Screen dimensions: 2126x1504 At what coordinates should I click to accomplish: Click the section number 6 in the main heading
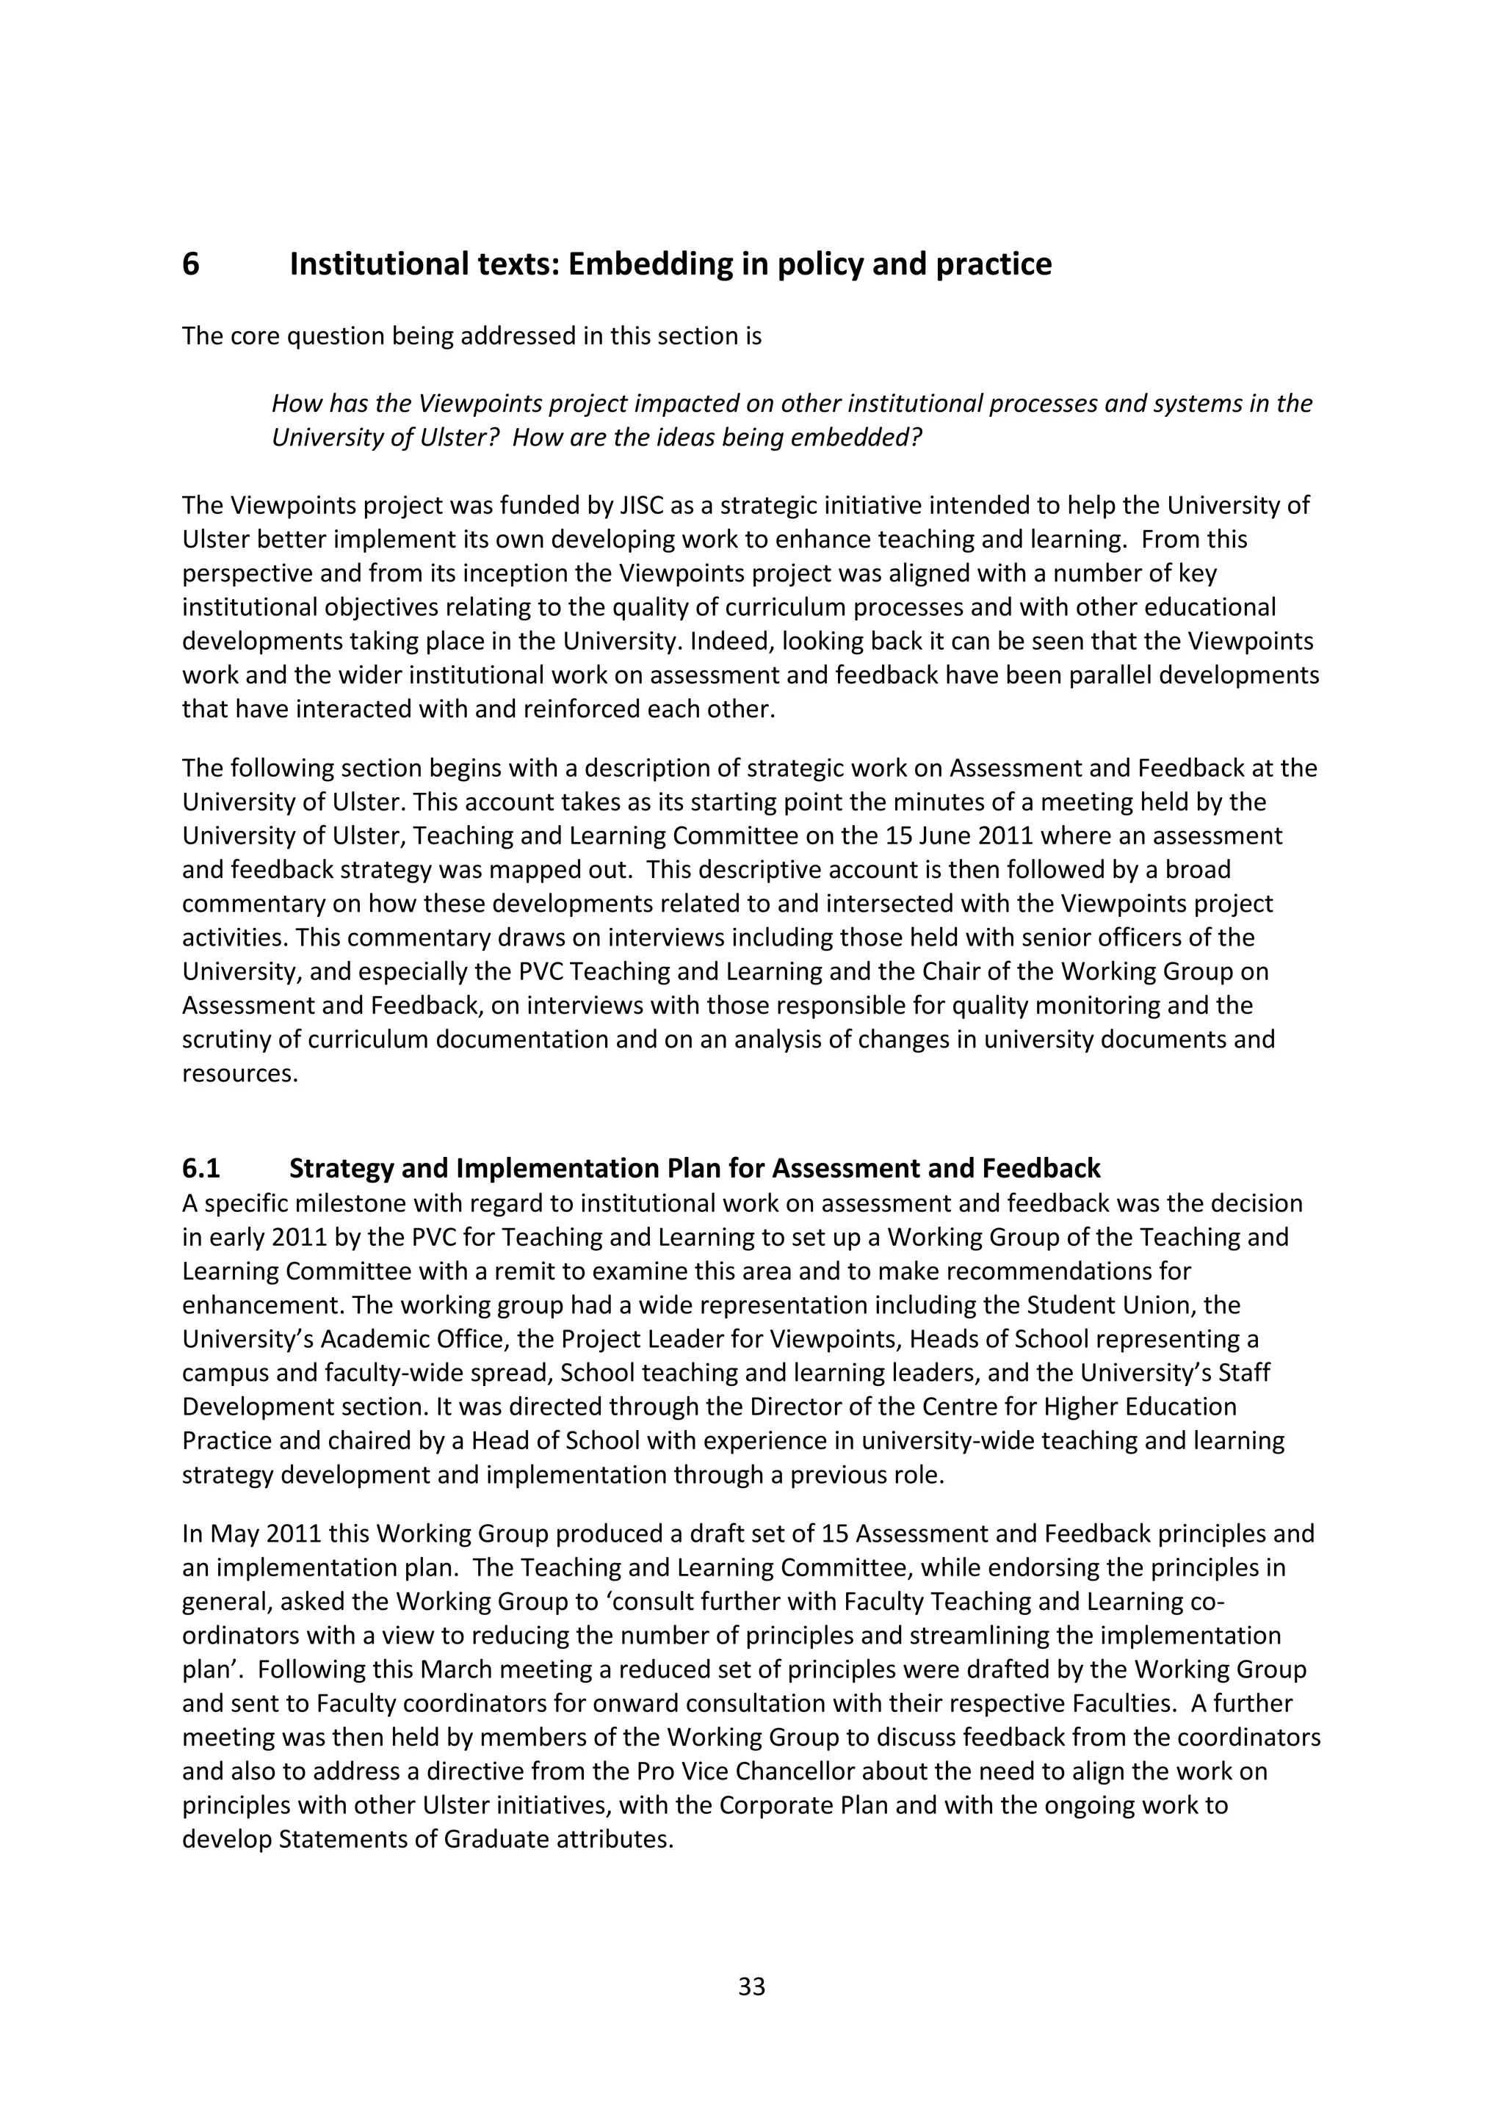point(191,265)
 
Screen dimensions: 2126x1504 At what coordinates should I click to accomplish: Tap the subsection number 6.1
point(201,1169)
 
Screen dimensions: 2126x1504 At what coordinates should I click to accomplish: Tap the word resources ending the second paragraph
point(240,1073)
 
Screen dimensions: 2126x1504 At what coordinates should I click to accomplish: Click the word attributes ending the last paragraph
point(613,1840)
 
